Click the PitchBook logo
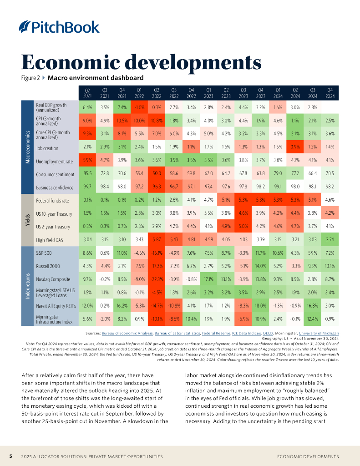point(59,27)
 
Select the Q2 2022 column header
point(157,93)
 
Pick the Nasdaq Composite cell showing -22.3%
point(157,279)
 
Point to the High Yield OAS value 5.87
point(157,239)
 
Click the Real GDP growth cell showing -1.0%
point(139,107)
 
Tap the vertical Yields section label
point(27,220)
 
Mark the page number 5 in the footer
point(11,456)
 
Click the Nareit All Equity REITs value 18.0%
point(261,305)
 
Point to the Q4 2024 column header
point(330,93)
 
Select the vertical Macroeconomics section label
point(27,148)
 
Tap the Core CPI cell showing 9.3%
point(87,134)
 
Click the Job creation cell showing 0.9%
point(295,148)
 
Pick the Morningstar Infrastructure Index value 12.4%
point(312,318)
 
